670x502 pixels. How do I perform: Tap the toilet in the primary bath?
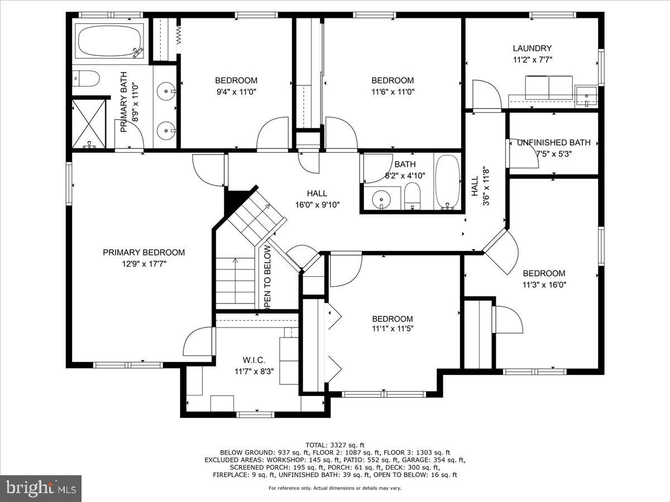click(x=87, y=79)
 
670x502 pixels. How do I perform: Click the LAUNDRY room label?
click(x=532, y=49)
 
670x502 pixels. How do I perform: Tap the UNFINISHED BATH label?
click(x=553, y=143)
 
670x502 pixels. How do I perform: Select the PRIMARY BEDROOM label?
click(x=143, y=253)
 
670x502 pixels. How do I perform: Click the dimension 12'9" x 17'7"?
click(x=143, y=264)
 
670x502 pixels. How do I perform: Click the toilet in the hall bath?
click(x=413, y=198)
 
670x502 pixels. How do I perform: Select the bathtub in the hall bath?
click(x=447, y=181)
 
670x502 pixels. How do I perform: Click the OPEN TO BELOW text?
click(x=267, y=277)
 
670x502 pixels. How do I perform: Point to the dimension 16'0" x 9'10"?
click(x=317, y=205)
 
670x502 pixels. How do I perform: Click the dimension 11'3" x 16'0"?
click(x=544, y=284)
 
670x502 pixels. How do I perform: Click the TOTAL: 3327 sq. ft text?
click(x=334, y=445)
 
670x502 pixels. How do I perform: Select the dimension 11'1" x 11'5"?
click(x=393, y=330)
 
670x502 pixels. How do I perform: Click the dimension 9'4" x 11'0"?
click(x=236, y=91)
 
